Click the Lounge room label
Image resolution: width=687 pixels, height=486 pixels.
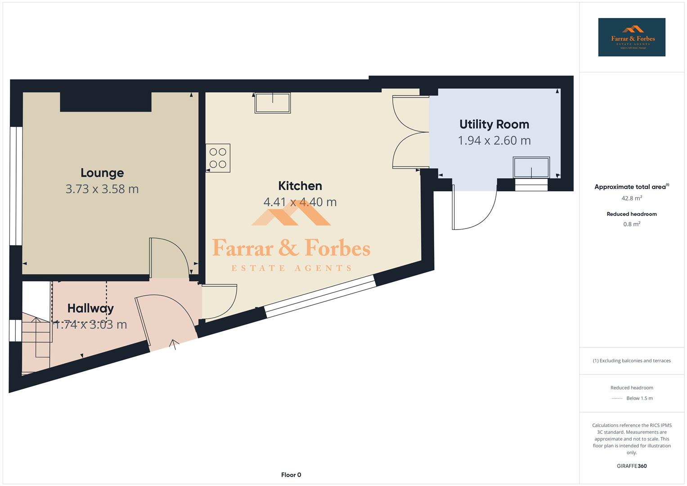[102, 173]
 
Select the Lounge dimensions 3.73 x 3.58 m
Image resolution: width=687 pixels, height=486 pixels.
[102, 189]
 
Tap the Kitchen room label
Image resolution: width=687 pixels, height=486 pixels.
[300, 186]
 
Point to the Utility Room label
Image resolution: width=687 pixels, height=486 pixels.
[494, 124]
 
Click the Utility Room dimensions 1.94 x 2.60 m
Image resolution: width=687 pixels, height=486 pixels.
[494, 140]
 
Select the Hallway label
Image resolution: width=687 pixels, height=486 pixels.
[90, 308]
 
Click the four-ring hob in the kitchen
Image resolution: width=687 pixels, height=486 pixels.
[218, 158]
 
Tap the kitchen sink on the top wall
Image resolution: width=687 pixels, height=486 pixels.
[273, 103]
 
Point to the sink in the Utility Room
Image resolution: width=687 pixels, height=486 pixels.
[531, 167]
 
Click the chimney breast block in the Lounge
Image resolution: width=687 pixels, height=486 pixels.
[106, 102]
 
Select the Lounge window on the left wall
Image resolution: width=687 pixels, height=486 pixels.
[16, 186]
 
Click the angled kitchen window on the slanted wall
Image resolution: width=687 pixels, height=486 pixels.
[320, 296]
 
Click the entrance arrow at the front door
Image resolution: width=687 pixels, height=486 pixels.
[174, 344]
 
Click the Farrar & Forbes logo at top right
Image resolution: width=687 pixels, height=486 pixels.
[632, 37]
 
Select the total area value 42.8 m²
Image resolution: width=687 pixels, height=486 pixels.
[632, 198]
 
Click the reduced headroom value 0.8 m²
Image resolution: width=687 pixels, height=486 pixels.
[632, 224]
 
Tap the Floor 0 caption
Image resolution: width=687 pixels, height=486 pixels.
[291, 475]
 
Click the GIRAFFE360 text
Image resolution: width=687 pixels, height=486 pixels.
[632, 466]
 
